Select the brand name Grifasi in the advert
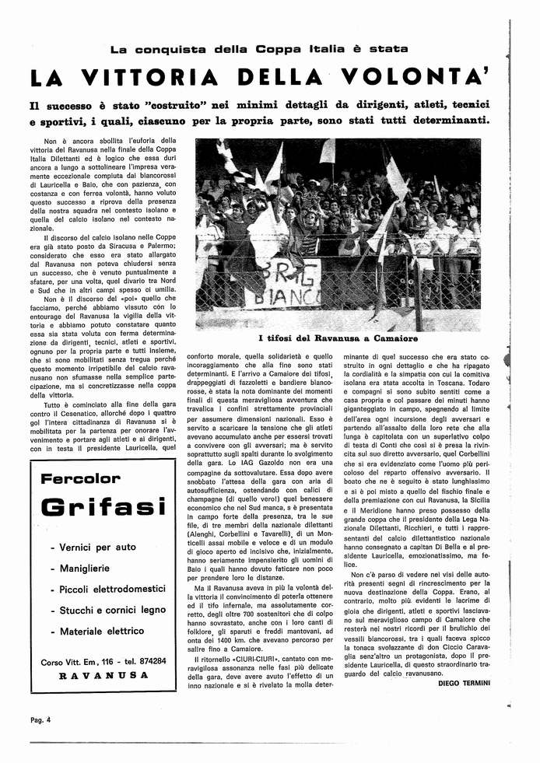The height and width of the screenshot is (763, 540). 103,508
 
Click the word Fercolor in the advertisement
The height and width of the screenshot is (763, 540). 81,478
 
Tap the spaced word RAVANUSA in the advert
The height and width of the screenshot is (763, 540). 103,675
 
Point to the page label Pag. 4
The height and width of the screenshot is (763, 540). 42,719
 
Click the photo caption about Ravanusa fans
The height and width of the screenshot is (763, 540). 338,338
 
